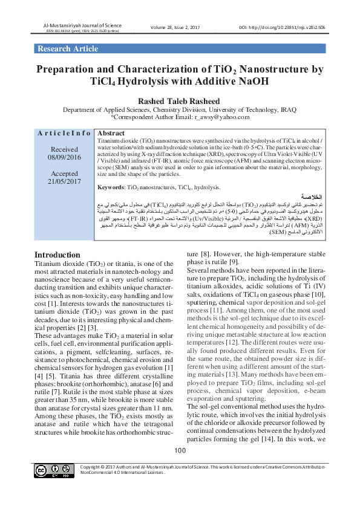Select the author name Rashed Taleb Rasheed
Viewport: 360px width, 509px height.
click(179, 100)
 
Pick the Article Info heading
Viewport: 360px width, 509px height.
click(64, 133)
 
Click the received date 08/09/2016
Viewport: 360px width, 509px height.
click(64, 157)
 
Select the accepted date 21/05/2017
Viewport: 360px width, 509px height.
click(64, 180)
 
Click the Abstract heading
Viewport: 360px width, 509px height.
click(111, 133)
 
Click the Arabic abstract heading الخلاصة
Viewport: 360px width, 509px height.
click(311, 198)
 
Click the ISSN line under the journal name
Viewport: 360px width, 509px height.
click(76, 30)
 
